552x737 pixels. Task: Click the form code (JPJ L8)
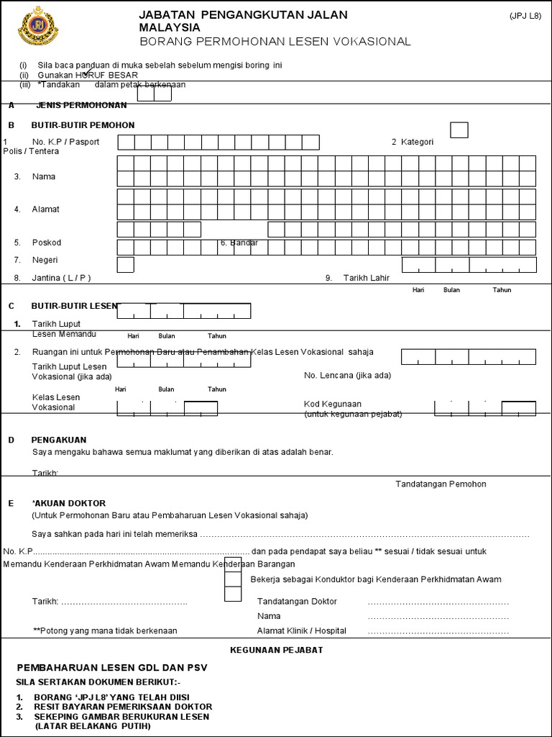pyautogui.click(x=525, y=15)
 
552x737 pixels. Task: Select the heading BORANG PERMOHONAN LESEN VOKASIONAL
pyautogui.click(x=275, y=42)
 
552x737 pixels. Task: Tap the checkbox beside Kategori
pyautogui.click(x=459, y=130)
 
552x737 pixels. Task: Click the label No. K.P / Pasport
pyautogui.click(x=65, y=142)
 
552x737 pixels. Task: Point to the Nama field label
pyautogui.click(x=44, y=176)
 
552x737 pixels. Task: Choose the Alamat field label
pyautogui.click(x=46, y=209)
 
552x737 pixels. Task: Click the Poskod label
pyautogui.click(x=47, y=243)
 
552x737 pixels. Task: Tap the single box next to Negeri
pyautogui.click(x=125, y=265)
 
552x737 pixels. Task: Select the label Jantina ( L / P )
pyautogui.click(x=62, y=277)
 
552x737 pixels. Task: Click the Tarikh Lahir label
pyautogui.click(x=366, y=277)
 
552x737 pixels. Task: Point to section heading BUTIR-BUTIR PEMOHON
pyautogui.click(x=83, y=125)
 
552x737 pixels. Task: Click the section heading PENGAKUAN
pyautogui.click(x=59, y=439)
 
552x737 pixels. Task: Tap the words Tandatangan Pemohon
pyautogui.click(x=441, y=484)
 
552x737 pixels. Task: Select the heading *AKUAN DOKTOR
pyautogui.click(x=69, y=503)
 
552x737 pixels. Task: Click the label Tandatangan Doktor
pyautogui.click(x=297, y=602)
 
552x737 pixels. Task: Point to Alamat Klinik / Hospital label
pyautogui.click(x=302, y=630)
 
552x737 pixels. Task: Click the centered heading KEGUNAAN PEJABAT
pyautogui.click(x=276, y=650)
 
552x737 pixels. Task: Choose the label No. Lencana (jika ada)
pyautogui.click(x=348, y=375)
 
